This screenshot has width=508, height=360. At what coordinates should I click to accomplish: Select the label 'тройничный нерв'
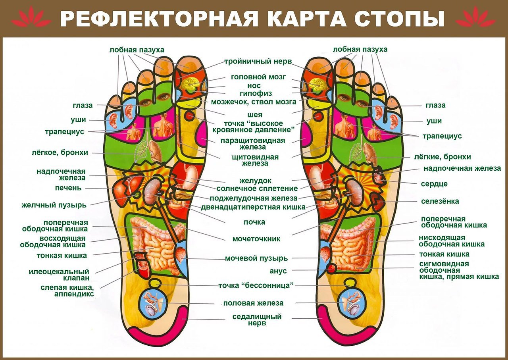pyautogui.click(x=258, y=62)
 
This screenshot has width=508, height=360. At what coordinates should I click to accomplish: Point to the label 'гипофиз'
pyautogui.click(x=256, y=93)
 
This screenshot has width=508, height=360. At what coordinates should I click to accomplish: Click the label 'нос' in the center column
pyautogui.click(x=254, y=86)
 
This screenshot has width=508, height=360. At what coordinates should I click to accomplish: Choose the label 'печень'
pyautogui.click(x=68, y=188)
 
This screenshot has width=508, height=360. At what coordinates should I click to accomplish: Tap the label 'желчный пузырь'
pyautogui.click(x=54, y=205)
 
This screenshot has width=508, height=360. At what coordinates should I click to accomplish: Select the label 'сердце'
pyautogui.click(x=434, y=184)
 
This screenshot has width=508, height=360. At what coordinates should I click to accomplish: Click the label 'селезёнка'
pyautogui.click(x=440, y=201)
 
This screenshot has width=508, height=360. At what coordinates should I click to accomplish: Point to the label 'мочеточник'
pyautogui.click(x=256, y=239)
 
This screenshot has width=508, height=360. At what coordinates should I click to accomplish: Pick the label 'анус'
pyautogui.click(x=278, y=271)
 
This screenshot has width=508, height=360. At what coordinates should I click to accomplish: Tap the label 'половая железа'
pyautogui.click(x=253, y=303)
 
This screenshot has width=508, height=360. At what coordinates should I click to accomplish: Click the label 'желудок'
pyautogui.click(x=255, y=181)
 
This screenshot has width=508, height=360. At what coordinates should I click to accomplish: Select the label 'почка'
pyautogui.click(x=254, y=222)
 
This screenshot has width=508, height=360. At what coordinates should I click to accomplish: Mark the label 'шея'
pyautogui.click(x=255, y=115)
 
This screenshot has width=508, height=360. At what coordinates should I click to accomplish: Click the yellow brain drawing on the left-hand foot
pyautogui.click(x=190, y=83)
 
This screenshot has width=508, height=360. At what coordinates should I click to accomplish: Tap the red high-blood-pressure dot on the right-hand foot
pyautogui.click(x=318, y=117)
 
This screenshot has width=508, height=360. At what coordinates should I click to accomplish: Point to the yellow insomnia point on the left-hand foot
pyautogui.click(x=156, y=283)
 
